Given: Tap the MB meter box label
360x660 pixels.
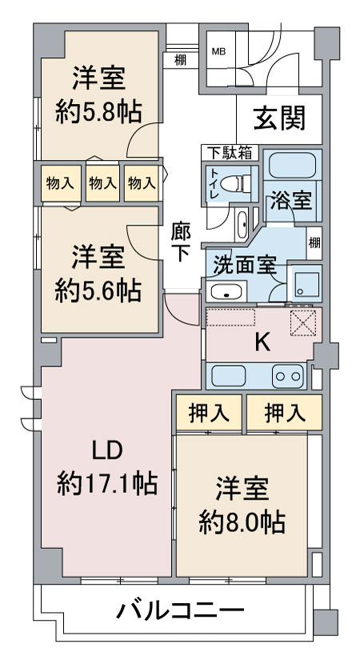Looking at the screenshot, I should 218,51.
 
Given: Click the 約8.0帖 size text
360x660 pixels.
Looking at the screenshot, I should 242,522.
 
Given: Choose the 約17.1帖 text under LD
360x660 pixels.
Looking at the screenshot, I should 106,482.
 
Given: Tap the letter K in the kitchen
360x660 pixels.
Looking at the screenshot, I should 261,342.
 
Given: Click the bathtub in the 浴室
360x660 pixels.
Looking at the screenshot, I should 292,166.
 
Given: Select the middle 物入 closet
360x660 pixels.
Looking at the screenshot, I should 102,183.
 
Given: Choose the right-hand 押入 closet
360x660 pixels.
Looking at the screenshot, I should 285,413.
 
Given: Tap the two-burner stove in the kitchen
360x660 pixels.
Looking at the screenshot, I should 288,374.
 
